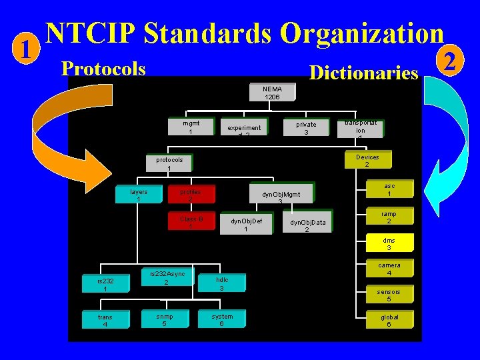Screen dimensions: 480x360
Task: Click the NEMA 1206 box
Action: [x=272, y=93]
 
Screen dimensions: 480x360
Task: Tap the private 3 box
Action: [x=306, y=128]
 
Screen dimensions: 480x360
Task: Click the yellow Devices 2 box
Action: [x=367, y=161]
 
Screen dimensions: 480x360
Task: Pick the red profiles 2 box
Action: [x=190, y=195]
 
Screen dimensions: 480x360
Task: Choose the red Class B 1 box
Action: [x=190, y=222]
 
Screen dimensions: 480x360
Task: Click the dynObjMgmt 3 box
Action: [x=281, y=197]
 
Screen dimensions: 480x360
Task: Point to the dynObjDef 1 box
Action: [x=246, y=225]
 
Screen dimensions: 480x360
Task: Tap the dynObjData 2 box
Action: [x=307, y=225]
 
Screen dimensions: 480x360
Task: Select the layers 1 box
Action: [x=139, y=195]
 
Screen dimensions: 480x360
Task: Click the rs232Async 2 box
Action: [x=167, y=277]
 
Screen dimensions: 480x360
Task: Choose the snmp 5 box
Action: [x=165, y=321]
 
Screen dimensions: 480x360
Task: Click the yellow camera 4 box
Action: [x=389, y=269]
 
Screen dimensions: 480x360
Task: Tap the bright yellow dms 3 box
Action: [x=389, y=244]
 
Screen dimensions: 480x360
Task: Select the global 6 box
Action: [x=389, y=321]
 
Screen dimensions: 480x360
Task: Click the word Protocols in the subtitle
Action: [x=103, y=69]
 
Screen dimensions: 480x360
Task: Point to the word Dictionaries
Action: [x=363, y=73]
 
